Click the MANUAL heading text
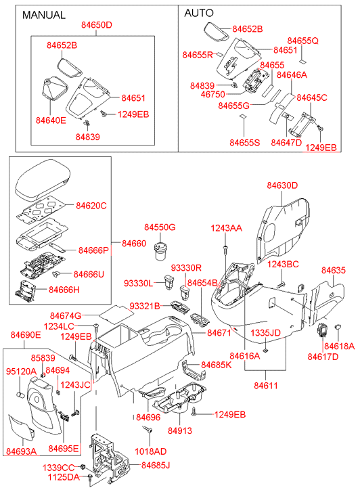pyautogui.click(x=44, y=15)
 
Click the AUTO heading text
pyautogui.click(x=199, y=13)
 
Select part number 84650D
pyautogui.click(x=96, y=25)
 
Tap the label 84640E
pyautogui.click(x=51, y=120)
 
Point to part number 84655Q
pyautogui.click(x=302, y=41)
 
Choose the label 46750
pyautogui.click(x=212, y=94)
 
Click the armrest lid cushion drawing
pyautogui.click(x=43, y=180)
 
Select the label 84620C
pyautogui.click(x=91, y=206)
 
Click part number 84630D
pyautogui.click(x=282, y=185)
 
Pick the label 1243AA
pyautogui.click(x=226, y=228)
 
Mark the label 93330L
pyautogui.click(x=138, y=284)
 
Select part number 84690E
pyautogui.click(x=26, y=335)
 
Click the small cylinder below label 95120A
pyautogui.click(x=21, y=395)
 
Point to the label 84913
pyautogui.click(x=179, y=430)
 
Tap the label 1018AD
pyautogui.click(x=150, y=451)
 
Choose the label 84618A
pyautogui.click(x=339, y=346)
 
